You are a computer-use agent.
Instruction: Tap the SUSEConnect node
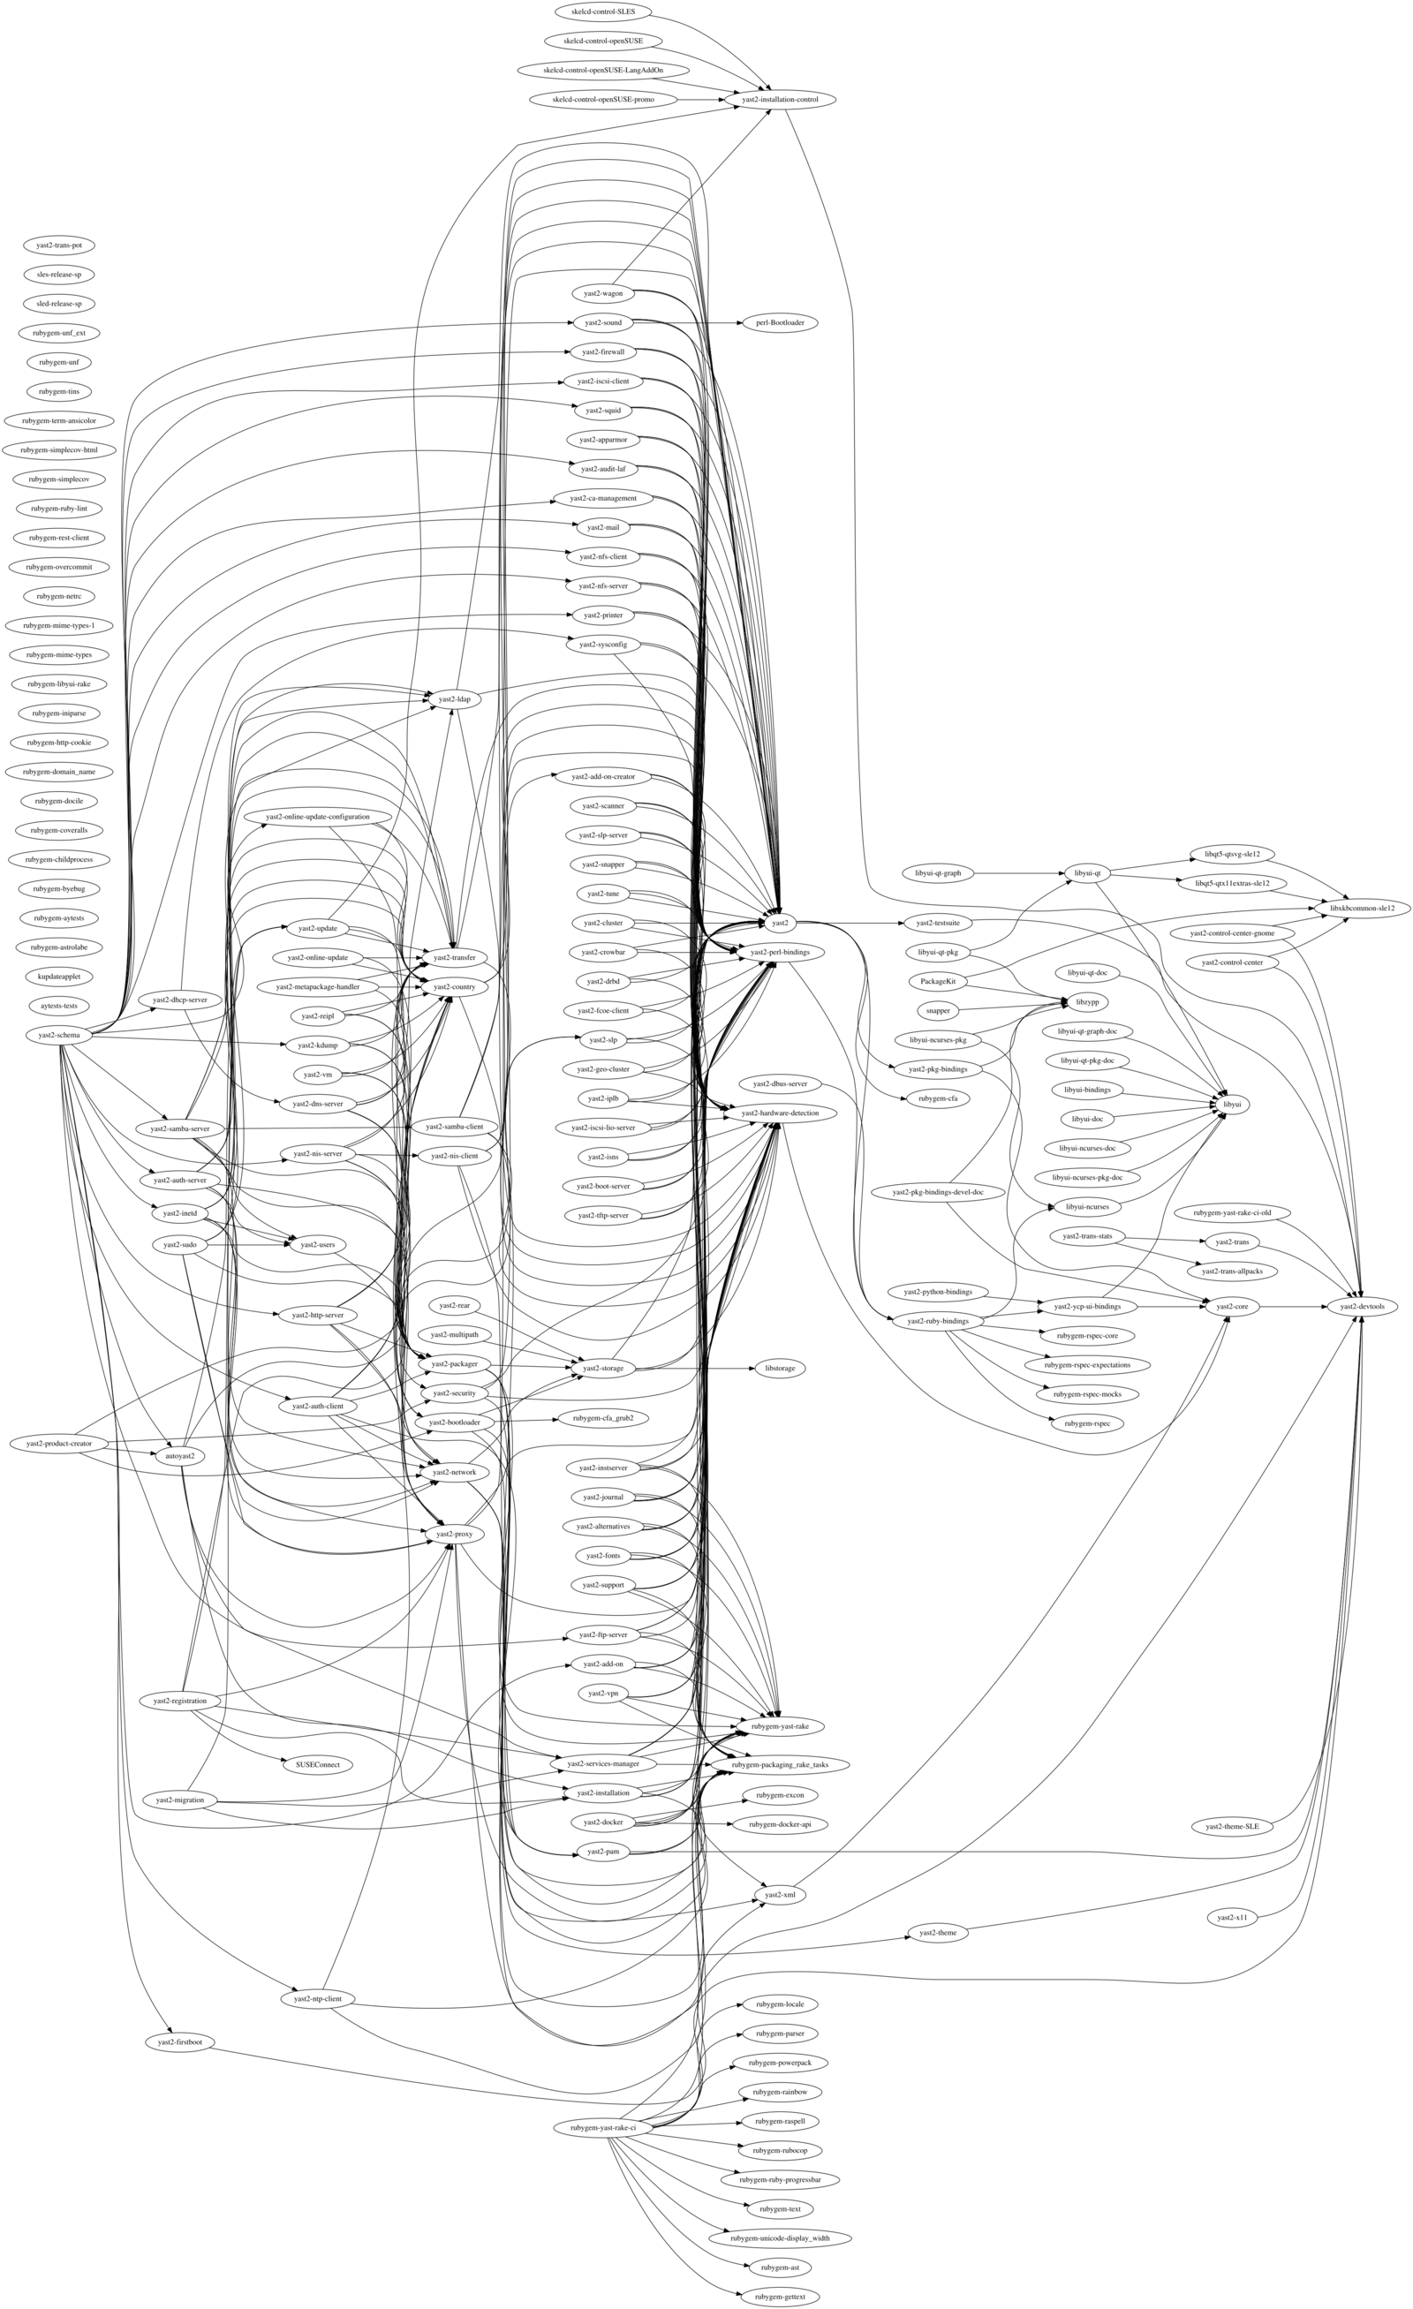[317, 1764]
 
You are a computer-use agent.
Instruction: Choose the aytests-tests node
[59, 1006]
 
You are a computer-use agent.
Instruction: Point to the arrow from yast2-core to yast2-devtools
[1292, 1306]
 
